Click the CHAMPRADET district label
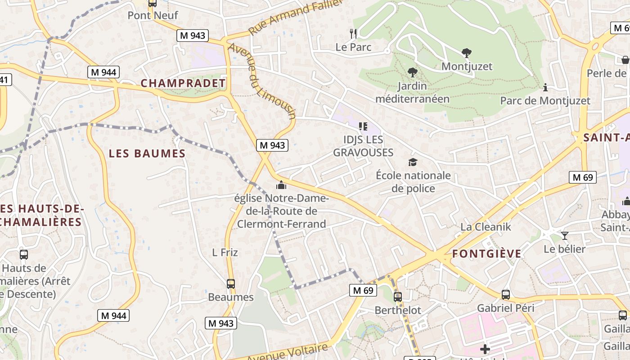pyautogui.click(x=183, y=83)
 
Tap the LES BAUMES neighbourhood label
pyautogui.click(x=147, y=153)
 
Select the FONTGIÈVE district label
pyautogui.click(x=486, y=254)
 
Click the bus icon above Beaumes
pyautogui.click(x=231, y=284)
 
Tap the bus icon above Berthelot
pyautogui.click(x=398, y=297)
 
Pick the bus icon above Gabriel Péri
pyautogui.click(x=506, y=295)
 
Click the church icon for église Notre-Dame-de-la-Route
pyautogui.click(x=281, y=185)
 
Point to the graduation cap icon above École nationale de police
pyautogui.click(x=413, y=162)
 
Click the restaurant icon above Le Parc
pyautogui.click(x=353, y=33)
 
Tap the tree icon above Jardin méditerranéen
pyautogui.click(x=412, y=72)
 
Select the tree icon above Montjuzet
pyautogui.click(x=467, y=53)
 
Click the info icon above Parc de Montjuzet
pyautogui.click(x=545, y=87)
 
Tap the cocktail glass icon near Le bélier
pyautogui.click(x=565, y=235)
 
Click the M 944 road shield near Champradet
pyautogui.click(x=103, y=72)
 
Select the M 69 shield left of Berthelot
pyautogui.click(x=363, y=290)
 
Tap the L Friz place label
pyautogui.click(x=225, y=252)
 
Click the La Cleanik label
pyautogui.click(x=486, y=227)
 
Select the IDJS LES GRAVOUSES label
pyautogui.click(x=363, y=146)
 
